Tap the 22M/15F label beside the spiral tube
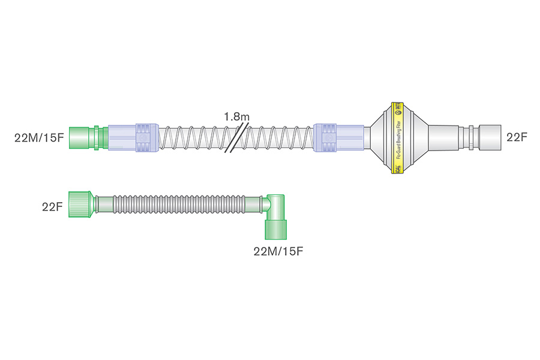click(x=39, y=137)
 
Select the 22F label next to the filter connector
click(x=517, y=137)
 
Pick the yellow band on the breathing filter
click(x=397, y=137)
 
